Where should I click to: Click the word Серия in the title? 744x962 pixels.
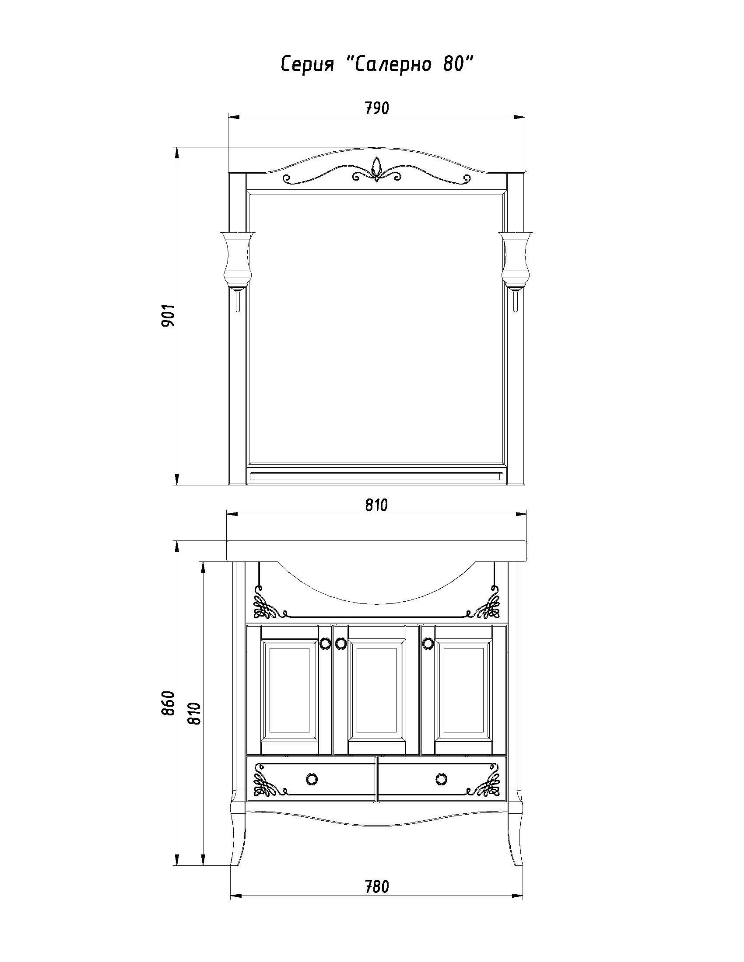tap(307, 65)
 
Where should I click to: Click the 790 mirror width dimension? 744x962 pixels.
tap(377, 108)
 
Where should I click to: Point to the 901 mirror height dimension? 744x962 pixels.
tap(169, 315)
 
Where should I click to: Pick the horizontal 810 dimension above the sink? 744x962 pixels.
tap(376, 505)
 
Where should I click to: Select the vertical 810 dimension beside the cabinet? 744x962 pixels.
tap(194, 713)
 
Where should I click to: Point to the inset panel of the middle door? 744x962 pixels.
tap(376, 690)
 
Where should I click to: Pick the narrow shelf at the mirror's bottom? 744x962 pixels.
tap(376, 475)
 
